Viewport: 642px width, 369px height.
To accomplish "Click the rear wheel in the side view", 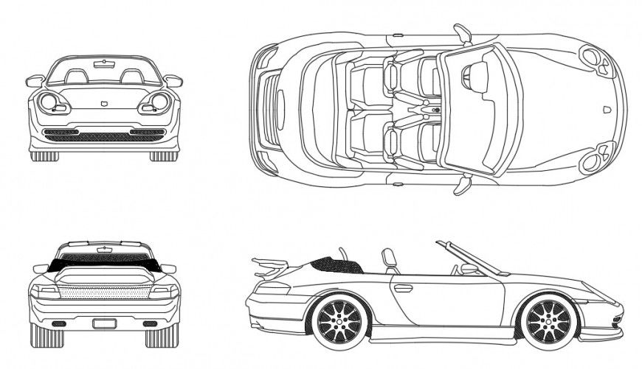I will pyautogui.click(x=340, y=322).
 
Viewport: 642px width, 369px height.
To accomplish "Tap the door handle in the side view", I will pyautogui.click(x=404, y=288).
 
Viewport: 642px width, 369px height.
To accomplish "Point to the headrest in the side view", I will pyautogui.click(x=388, y=259).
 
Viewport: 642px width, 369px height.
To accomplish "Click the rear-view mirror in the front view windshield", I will pyautogui.click(x=104, y=65).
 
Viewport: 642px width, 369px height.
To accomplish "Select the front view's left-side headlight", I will pyautogui.click(x=52, y=102).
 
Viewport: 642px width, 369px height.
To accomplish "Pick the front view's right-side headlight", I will pyautogui.click(x=156, y=102).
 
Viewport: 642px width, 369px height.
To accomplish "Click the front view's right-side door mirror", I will pyautogui.click(x=173, y=80).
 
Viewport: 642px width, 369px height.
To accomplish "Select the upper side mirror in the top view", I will pyautogui.click(x=463, y=34).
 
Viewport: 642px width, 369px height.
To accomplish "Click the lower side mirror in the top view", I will pyautogui.click(x=462, y=184).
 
